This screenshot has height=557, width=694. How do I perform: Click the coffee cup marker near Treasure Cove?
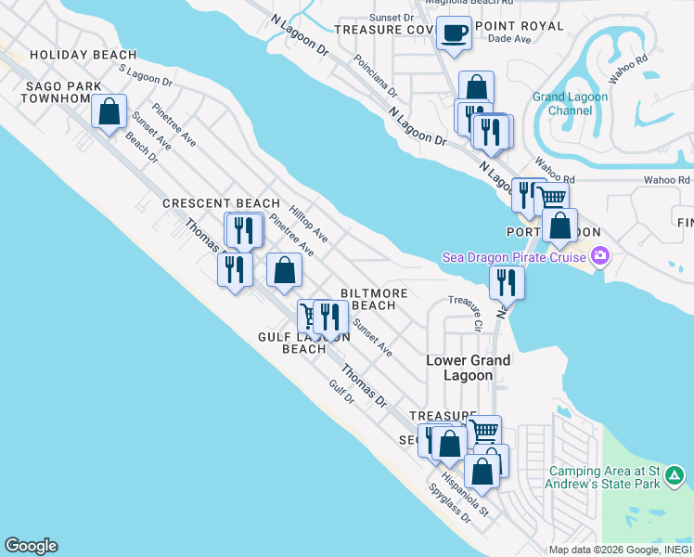coord(454,34)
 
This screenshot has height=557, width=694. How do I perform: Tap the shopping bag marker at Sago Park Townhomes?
coord(109,111)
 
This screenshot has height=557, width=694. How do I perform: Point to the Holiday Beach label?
coord(83,56)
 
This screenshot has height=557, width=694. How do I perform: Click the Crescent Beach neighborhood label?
coord(221,203)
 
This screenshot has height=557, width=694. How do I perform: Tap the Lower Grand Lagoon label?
coord(468,368)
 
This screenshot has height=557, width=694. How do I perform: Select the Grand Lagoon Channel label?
coord(571,103)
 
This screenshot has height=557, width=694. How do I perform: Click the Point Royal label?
coord(518,26)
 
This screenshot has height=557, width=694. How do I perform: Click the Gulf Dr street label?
coord(342,392)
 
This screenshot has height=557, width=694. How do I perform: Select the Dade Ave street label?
coord(508,40)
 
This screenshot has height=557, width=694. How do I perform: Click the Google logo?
coord(31,546)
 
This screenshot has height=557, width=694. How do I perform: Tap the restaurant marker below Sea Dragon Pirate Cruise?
coord(507,281)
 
